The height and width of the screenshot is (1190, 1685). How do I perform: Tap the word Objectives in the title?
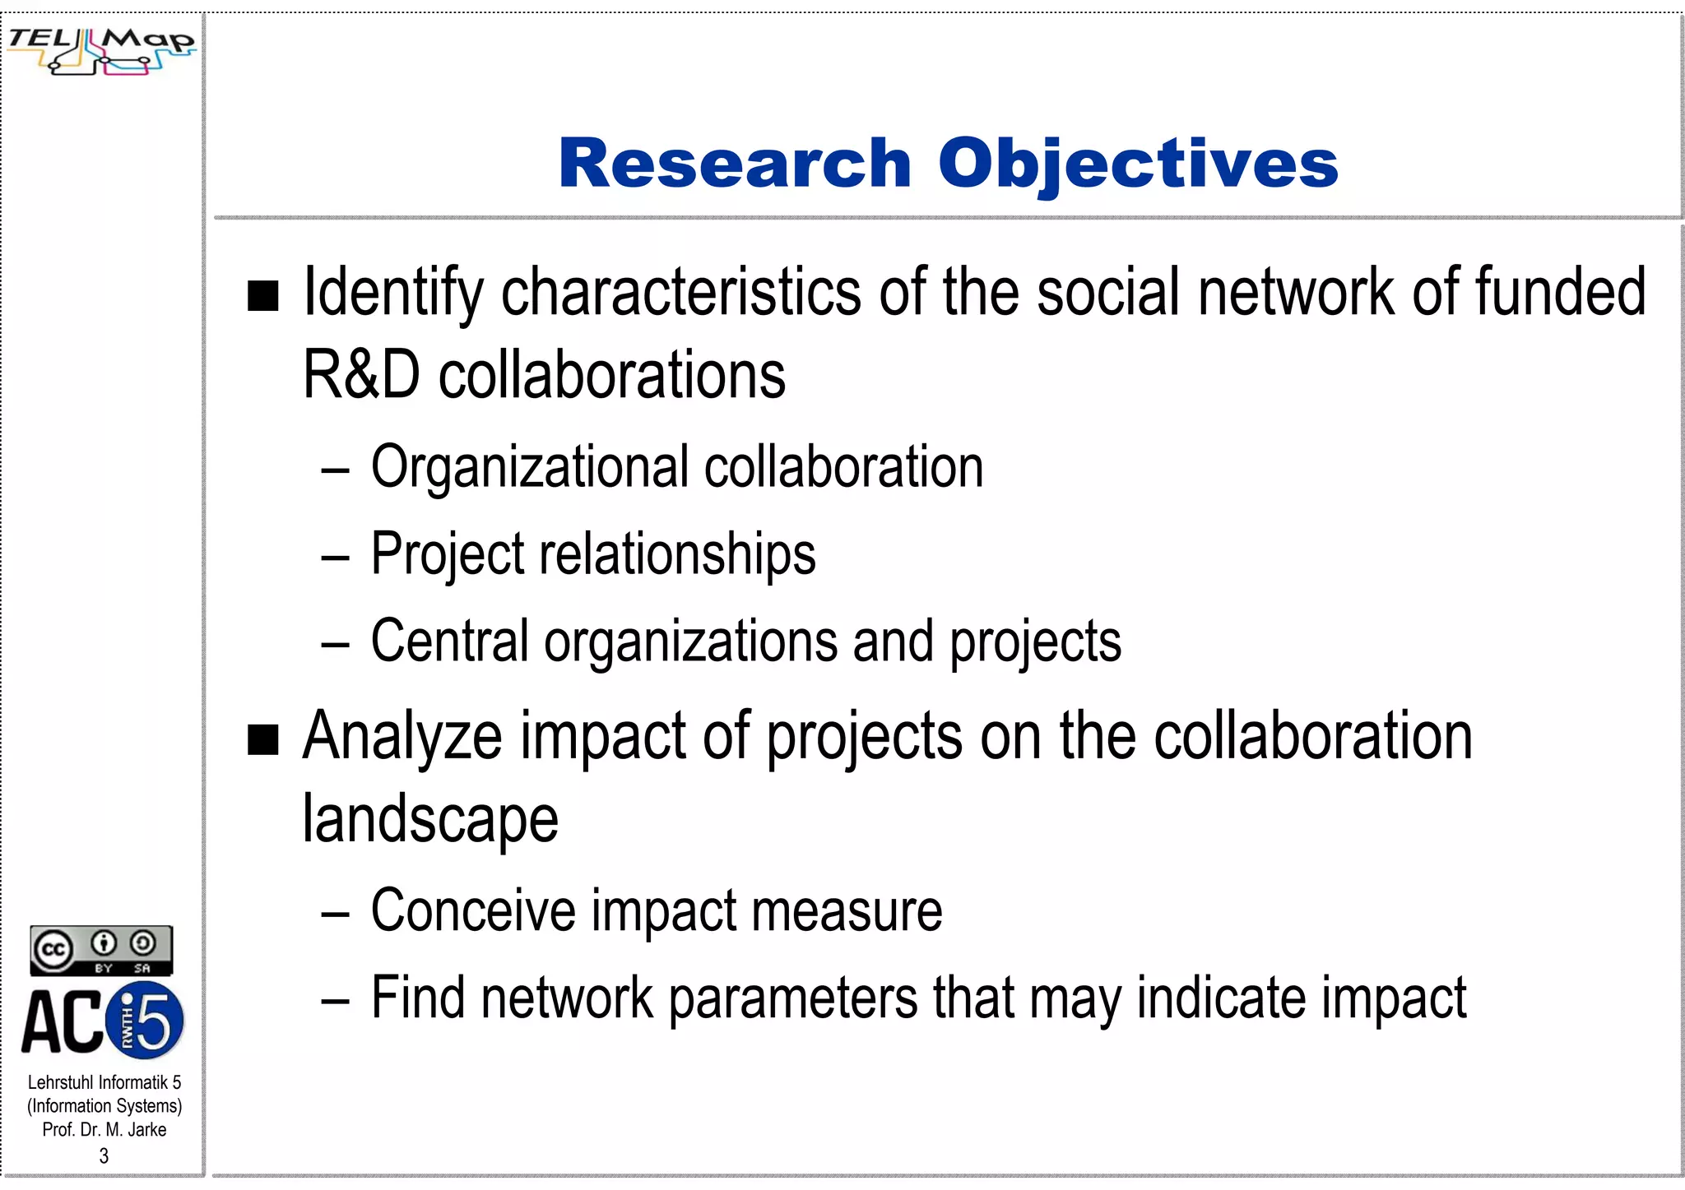1138,164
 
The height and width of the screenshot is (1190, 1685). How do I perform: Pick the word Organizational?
529,467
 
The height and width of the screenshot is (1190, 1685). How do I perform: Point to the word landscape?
430,819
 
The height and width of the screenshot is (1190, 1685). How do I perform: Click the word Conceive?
473,910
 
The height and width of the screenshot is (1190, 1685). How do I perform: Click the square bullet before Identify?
263,296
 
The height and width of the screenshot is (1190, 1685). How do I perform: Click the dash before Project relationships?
336,557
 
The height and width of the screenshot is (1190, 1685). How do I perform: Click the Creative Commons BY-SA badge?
101,951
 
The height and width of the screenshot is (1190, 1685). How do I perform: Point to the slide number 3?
104,1155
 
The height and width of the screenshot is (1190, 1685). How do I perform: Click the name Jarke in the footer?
147,1130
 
